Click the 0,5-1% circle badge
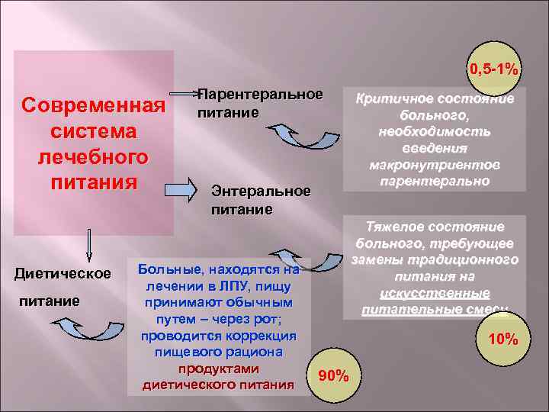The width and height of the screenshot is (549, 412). (x=494, y=69)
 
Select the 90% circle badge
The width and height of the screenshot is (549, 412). (x=333, y=375)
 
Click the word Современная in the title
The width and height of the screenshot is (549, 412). (x=95, y=104)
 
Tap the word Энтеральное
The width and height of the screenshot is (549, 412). (x=260, y=191)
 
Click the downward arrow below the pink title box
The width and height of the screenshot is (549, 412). (x=89, y=245)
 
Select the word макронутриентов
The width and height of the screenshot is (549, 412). (x=435, y=165)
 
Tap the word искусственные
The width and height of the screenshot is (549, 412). (x=435, y=294)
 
